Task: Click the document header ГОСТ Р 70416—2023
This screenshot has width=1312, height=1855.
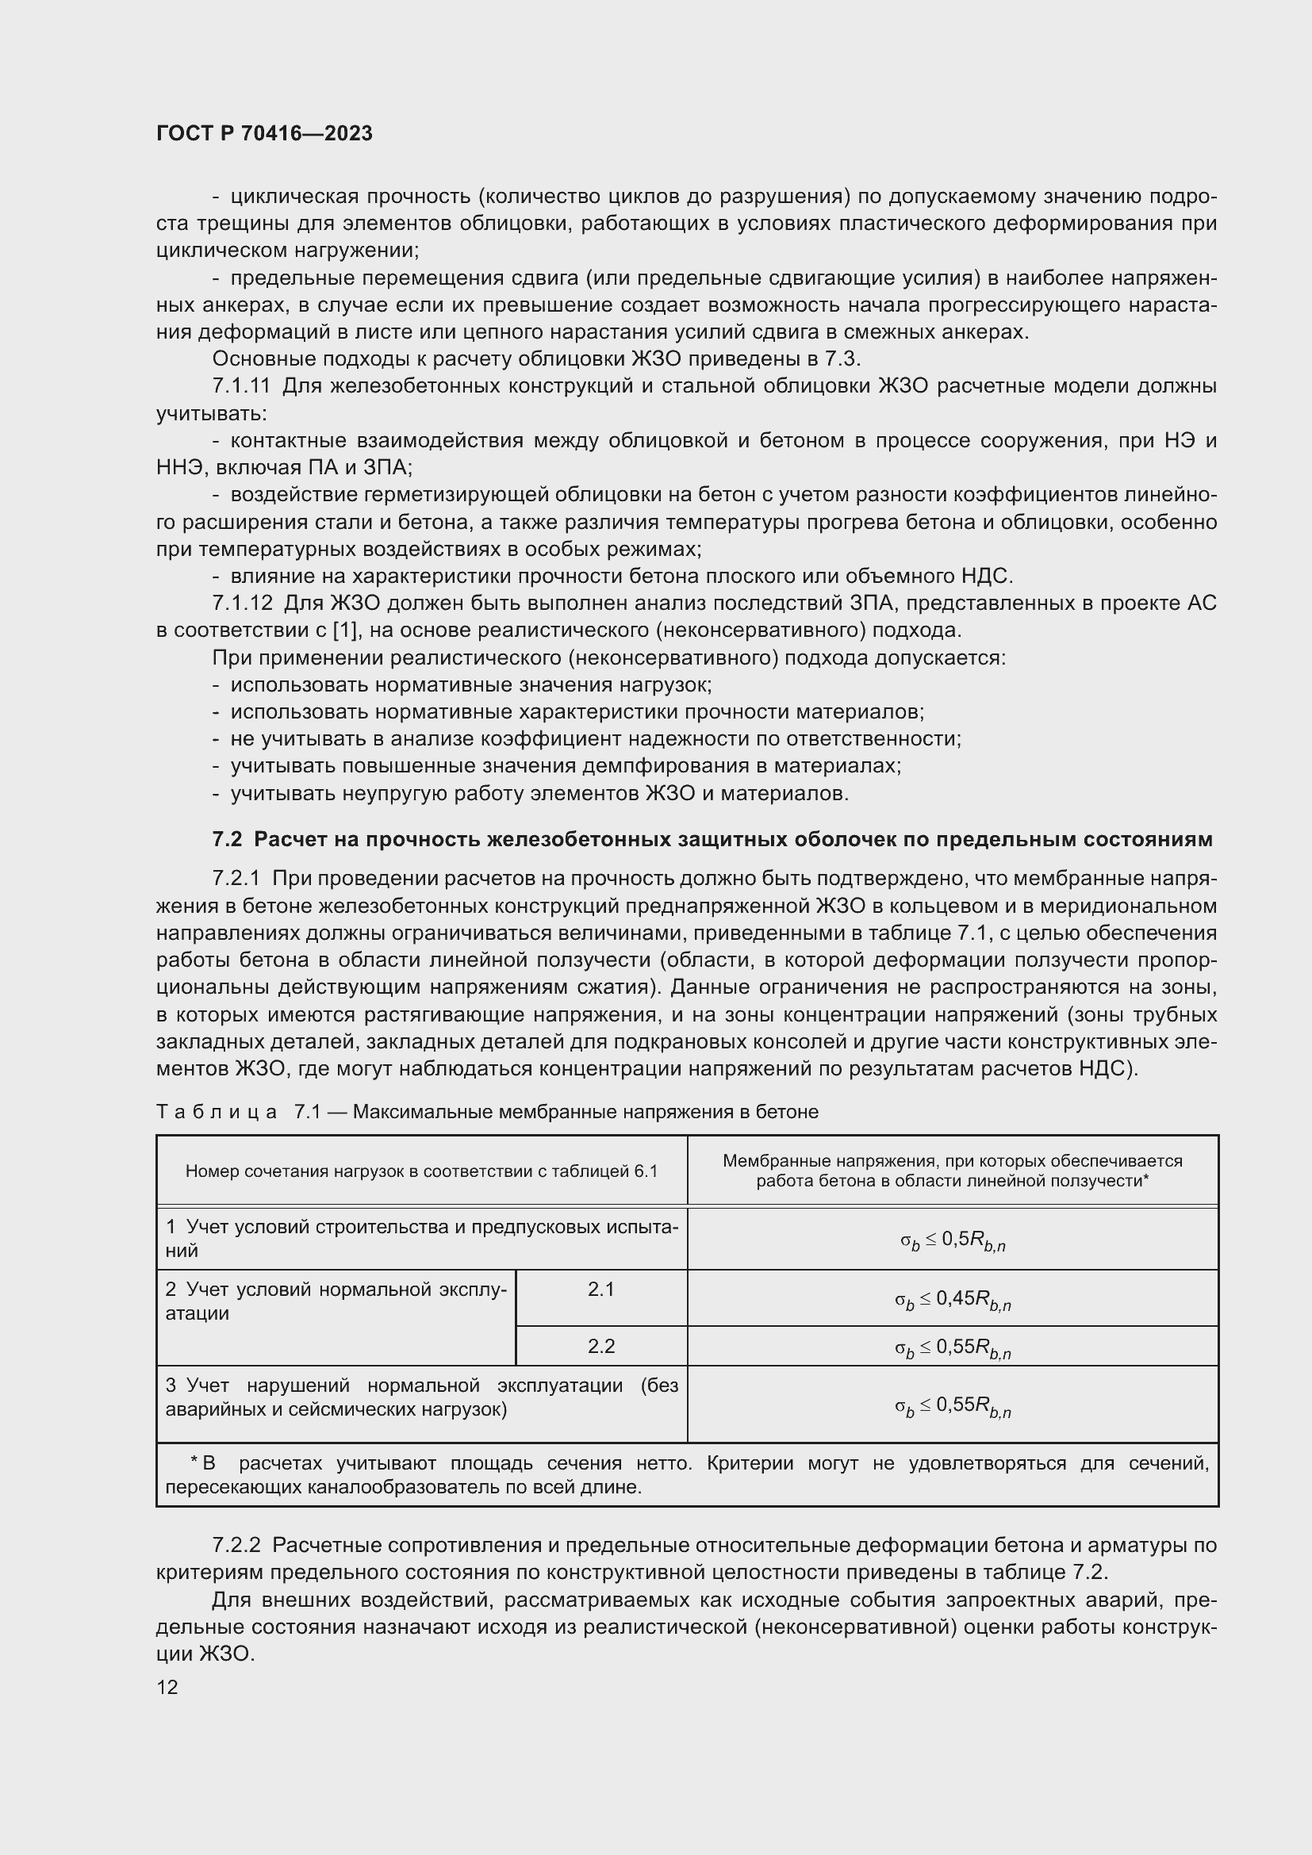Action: tap(264, 133)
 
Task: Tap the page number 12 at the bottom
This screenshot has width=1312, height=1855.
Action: tap(167, 1687)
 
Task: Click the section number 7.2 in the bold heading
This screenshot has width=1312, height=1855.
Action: tap(227, 839)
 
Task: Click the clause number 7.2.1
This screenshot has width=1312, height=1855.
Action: tap(236, 878)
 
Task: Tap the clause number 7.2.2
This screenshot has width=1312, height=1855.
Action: tap(236, 1545)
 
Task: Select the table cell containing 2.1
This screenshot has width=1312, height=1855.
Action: tap(601, 1290)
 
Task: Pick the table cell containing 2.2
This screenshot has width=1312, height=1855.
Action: tap(601, 1346)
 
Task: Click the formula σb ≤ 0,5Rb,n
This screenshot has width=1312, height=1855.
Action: tap(953, 1240)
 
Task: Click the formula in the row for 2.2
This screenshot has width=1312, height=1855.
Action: tap(953, 1347)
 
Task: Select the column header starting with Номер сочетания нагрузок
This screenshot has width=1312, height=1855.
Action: tap(421, 1171)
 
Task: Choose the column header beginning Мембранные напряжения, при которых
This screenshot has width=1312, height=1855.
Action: tap(953, 1171)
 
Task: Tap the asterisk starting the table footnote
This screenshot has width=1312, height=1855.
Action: tap(194, 1462)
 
